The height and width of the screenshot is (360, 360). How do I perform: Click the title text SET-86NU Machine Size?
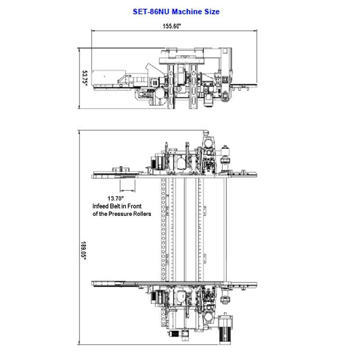tap(176, 12)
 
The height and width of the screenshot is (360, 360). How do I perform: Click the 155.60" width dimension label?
tap(172, 26)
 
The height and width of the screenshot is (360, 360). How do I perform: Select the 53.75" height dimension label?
tap(85, 78)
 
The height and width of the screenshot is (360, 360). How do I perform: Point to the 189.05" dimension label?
tap(83, 251)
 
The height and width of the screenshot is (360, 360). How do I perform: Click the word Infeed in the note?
tap(100, 206)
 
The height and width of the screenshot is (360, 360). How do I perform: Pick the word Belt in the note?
tap(115, 206)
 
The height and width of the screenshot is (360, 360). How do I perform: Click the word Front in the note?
tap(134, 206)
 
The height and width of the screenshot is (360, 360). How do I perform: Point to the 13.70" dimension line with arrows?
tap(128, 190)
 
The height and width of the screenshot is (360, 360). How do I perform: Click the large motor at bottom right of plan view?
tap(225, 328)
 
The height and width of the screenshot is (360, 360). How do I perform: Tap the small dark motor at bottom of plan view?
tap(174, 333)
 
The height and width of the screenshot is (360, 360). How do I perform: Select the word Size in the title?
tap(212, 12)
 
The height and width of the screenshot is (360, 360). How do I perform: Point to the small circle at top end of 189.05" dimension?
tap(206, 132)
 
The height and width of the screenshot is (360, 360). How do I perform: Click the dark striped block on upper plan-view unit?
tap(153, 163)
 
